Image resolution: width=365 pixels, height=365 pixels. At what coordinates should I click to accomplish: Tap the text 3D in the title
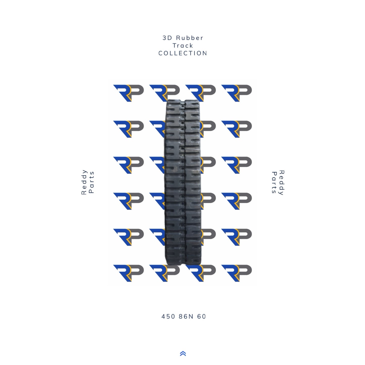pyautogui.click(x=167, y=38)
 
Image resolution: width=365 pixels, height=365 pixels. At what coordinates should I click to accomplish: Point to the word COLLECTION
pyautogui.click(x=183, y=53)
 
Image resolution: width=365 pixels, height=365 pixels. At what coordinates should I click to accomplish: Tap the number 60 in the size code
pyautogui.click(x=202, y=317)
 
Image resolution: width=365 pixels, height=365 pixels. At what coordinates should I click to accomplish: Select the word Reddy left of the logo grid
pyautogui.click(x=84, y=182)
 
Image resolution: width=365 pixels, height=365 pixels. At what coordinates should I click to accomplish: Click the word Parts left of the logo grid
pyautogui.click(x=92, y=182)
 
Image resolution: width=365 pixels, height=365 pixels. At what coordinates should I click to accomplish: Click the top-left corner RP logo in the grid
pyautogui.click(x=128, y=93)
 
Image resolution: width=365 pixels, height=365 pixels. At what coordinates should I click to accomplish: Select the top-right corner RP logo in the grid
pyautogui.click(x=236, y=93)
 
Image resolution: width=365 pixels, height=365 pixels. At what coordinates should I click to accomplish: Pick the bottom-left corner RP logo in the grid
pyautogui.click(x=128, y=273)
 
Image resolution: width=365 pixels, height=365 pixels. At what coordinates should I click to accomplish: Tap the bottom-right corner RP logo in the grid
pyautogui.click(x=236, y=273)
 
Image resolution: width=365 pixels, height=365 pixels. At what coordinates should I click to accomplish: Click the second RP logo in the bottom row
pyautogui.click(x=164, y=273)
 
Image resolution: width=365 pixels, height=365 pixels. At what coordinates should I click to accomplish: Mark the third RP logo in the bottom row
pyautogui.click(x=201, y=273)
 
